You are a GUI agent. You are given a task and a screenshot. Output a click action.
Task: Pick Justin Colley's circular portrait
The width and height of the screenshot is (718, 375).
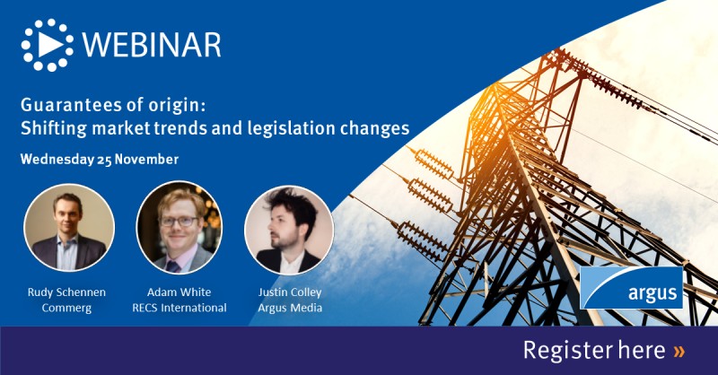289,230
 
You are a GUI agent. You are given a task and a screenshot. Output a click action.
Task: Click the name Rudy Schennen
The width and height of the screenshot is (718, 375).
69,292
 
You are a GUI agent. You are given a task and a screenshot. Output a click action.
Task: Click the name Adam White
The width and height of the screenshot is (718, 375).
180,292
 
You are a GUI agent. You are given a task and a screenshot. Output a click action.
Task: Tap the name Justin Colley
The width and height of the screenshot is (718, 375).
289,292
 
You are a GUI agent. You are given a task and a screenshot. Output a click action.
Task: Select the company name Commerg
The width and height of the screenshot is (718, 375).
69,308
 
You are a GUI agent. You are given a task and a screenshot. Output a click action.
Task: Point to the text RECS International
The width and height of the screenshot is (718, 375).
180,308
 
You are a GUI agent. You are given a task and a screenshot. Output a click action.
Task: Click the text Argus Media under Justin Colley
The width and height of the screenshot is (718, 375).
289,308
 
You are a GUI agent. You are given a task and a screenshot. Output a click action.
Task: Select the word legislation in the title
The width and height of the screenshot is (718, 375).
295,128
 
